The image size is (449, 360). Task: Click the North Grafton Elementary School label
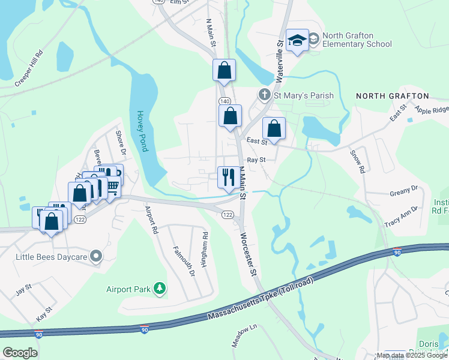point(357,40)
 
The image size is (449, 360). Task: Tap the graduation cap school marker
point(297,41)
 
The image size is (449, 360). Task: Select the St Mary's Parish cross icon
point(264,95)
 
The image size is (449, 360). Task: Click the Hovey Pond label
point(142,130)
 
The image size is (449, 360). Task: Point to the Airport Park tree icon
point(160,289)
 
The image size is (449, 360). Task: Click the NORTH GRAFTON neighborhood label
point(393,96)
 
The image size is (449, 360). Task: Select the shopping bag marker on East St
point(274,128)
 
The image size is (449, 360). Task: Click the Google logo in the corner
point(20,352)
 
